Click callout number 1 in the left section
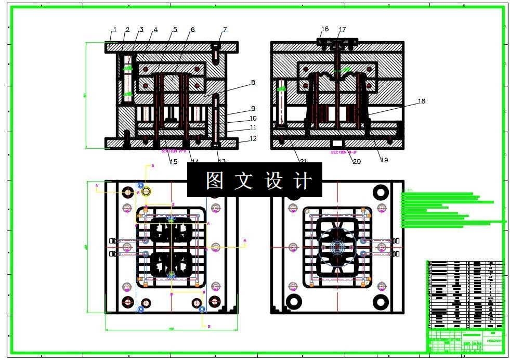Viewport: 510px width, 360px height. click(x=115, y=30)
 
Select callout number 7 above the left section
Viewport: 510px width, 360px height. click(x=225, y=30)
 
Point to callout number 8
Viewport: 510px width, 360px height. click(x=253, y=82)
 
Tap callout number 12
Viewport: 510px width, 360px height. click(x=253, y=138)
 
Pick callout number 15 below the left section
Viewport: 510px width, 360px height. click(x=174, y=161)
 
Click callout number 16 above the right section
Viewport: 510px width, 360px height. click(x=325, y=29)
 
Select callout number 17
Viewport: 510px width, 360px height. click(x=342, y=30)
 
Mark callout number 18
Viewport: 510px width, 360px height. click(x=421, y=101)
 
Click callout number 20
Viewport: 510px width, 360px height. click(x=357, y=161)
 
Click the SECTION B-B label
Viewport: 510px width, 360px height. click(x=343, y=152)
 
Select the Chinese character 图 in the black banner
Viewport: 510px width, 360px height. click(x=214, y=181)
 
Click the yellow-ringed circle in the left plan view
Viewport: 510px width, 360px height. click(x=146, y=192)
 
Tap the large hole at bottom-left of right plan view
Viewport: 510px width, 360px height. click(x=294, y=301)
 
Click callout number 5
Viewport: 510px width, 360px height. click(x=175, y=30)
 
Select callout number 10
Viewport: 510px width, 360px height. click(x=253, y=119)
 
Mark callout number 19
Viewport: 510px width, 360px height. click(x=384, y=160)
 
